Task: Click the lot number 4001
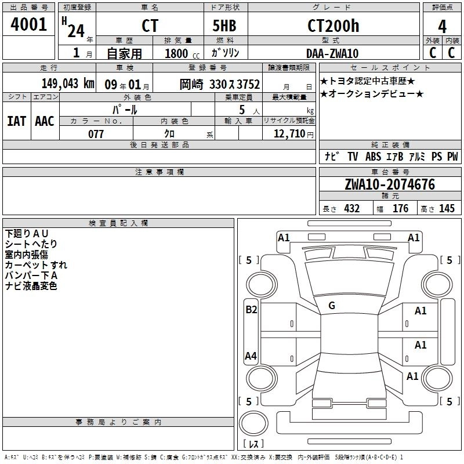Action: pos(28,24)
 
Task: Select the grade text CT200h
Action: pos(333,26)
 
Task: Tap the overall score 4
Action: pos(442,27)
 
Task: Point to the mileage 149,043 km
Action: pos(68,84)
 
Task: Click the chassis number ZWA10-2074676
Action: pos(390,184)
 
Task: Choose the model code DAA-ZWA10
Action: pos(332,53)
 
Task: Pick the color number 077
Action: pos(96,134)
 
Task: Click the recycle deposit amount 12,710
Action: pos(289,133)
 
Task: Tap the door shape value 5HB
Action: pos(224,26)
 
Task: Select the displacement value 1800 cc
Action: pos(182,53)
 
